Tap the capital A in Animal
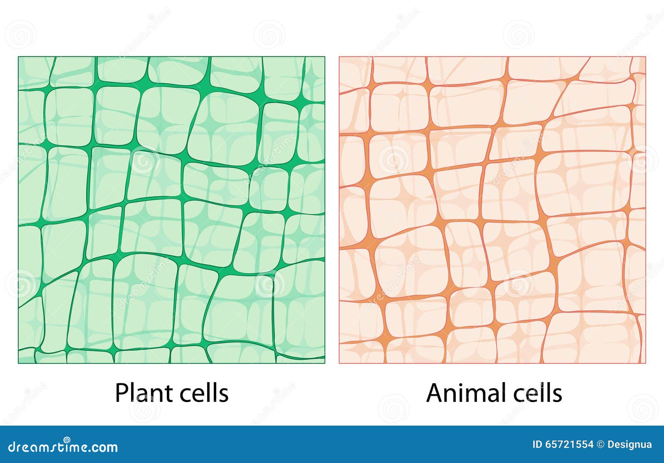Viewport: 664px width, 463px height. pyautogui.click(x=435, y=392)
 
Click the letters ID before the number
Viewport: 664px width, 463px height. pyautogui.click(x=537, y=444)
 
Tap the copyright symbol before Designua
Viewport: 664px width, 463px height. pyautogui.click(x=600, y=444)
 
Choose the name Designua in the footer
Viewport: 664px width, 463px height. pyautogui.click(x=630, y=444)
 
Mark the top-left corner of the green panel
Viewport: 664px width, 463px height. pyautogui.click(x=18, y=57)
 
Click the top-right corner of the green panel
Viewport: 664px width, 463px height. pyautogui.click(x=325, y=57)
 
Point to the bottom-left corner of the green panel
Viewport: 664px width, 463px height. pyautogui.click(x=18, y=363)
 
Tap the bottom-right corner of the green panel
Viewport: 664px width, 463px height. pyautogui.click(x=325, y=363)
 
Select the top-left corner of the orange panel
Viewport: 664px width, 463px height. pyautogui.click(x=339, y=57)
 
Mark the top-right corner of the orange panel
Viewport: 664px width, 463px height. pyautogui.click(x=646, y=57)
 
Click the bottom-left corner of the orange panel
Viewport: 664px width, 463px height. pyautogui.click(x=339, y=363)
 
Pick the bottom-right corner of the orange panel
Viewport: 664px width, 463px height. pyautogui.click(x=646, y=363)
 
